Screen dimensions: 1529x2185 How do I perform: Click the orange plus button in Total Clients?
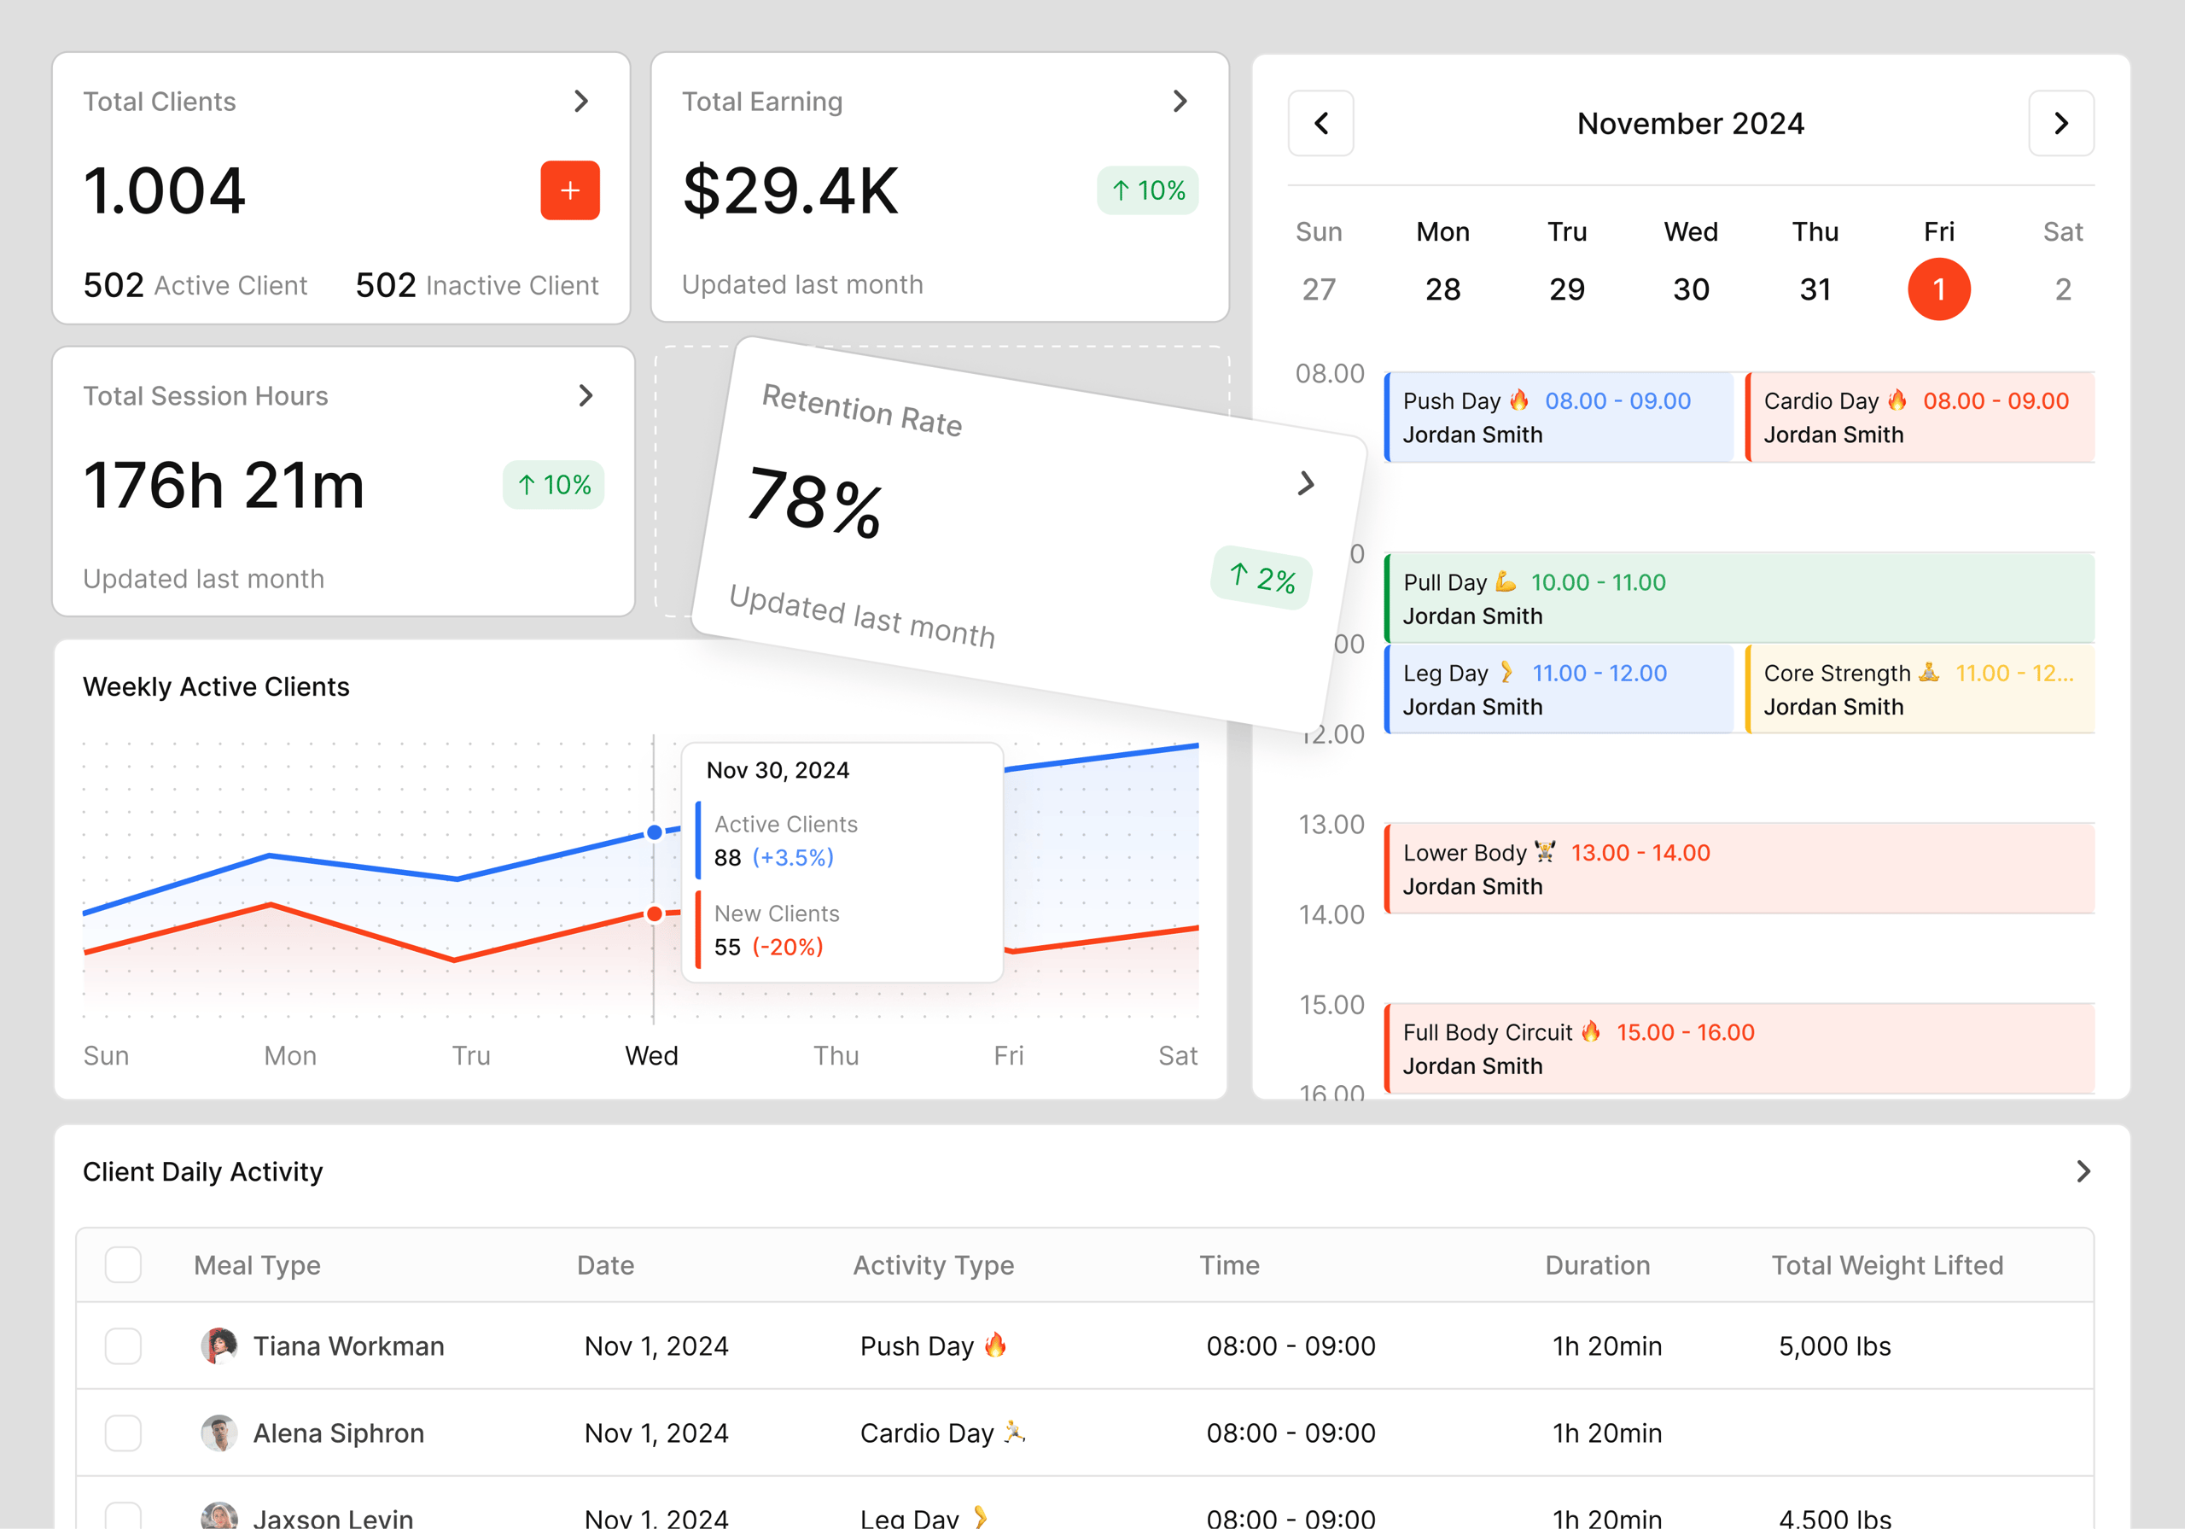click(x=569, y=190)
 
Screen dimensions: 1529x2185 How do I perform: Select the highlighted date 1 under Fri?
click(x=1937, y=289)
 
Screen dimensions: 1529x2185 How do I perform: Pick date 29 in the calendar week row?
click(x=1565, y=289)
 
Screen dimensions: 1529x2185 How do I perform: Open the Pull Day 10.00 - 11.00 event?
click(x=1738, y=598)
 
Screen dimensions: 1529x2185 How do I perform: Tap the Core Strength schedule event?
click(x=1919, y=689)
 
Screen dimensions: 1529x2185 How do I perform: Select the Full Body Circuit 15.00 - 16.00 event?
click(x=1738, y=1049)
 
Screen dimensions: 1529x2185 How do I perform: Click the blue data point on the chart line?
click(x=655, y=833)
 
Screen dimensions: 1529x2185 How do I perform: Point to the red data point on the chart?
click(x=655, y=915)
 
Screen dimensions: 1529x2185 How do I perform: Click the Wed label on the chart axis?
click(x=652, y=1056)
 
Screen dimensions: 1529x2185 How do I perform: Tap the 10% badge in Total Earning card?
click(x=1147, y=191)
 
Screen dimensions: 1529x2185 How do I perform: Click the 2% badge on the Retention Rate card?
click(x=1261, y=578)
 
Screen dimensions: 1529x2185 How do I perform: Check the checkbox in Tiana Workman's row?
click(x=124, y=1346)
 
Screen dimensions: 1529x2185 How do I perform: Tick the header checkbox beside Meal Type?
click(x=124, y=1265)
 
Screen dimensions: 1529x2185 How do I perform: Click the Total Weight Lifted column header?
click(x=1886, y=1265)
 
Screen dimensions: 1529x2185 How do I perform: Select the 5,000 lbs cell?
click(x=1834, y=1346)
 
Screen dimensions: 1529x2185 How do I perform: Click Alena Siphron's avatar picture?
click(x=218, y=1433)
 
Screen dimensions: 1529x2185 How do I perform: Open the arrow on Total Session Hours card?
click(x=586, y=396)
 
